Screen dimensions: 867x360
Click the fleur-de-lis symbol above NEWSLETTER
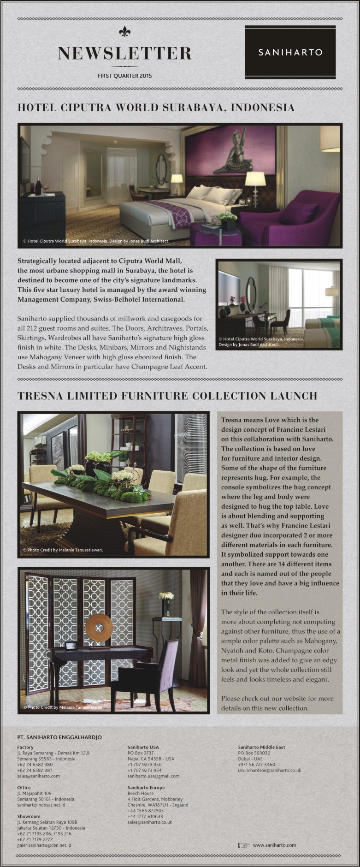pyautogui.click(x=124, y=31)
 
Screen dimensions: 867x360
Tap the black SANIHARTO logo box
pyautogui.click(x=290, y=52)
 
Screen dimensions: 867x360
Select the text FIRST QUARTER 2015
pyautogui.click(x=124, y=76)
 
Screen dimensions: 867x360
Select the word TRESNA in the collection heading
pyautogui.click(x=39, y=396)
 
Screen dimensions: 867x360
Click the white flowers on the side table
pyautogui.click(x=166, y=596)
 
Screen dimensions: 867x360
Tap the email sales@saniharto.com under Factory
pyautogui.click(x=38, y=776)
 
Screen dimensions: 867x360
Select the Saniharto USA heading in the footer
pyautogui.click(x=143, y=747)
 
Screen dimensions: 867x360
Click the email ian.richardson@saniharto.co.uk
pyautogui.click(x=269, y=770)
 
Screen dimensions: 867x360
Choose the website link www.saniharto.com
pyautogui.click(x=274, y=845)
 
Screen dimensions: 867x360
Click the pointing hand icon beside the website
pyautogui.click(x=243, y=845)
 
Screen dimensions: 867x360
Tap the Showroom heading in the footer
pyautogui.click(x=29, y=816)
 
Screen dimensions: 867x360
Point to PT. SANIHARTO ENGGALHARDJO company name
pyautogui.click(x=59, y=737)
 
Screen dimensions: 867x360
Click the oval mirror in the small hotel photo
pyautogui.click(x=251, y=294)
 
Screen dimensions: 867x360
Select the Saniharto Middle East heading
pyautogui.click(x=261, y=747)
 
